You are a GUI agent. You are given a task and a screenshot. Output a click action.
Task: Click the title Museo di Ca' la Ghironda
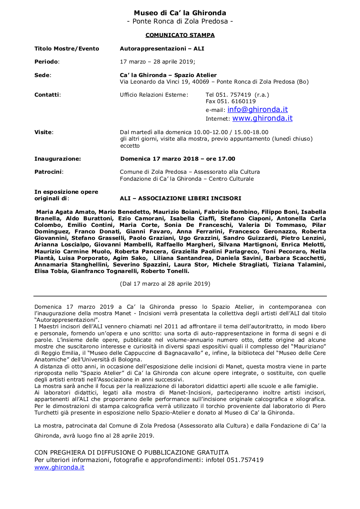point(180,13)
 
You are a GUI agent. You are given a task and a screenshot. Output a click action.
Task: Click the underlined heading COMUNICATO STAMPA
point(180,35)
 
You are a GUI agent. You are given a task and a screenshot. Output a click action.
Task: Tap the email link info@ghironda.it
point(258,110)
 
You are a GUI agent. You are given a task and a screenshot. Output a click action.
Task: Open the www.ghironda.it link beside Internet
point(262,118)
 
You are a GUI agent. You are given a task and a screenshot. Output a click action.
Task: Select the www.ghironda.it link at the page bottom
point(59,467)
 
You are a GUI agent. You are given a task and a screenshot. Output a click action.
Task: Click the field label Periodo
point(47,62)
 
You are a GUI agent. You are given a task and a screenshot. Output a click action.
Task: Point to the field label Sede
point(42,75)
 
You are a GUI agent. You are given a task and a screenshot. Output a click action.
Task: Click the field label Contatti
point(48,94)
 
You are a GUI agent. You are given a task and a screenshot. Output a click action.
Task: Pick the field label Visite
point(43,132)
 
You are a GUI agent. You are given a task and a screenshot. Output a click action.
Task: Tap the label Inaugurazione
point(58,159)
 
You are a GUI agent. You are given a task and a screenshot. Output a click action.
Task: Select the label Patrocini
point(48,172)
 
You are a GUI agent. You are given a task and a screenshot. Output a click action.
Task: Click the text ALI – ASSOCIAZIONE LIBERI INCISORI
point(180,199)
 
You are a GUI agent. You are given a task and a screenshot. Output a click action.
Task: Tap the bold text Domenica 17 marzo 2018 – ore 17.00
point(177,159)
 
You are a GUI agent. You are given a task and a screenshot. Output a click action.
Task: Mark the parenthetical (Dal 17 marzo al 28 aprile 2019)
point(165,284)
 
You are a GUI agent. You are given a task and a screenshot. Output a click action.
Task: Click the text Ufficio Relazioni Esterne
point(154,94)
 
